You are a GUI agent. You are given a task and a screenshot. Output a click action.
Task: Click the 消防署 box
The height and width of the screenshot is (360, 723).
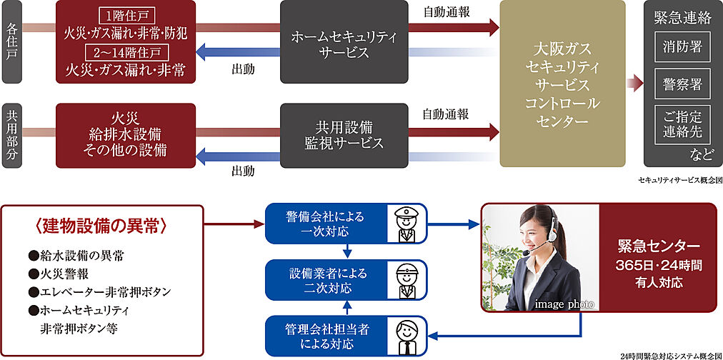[x=682, y=46]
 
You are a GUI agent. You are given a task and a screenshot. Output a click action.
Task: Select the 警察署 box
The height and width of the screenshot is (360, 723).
[x=682, y=85]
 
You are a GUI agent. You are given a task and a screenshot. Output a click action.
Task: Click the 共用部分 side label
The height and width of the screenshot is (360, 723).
[x=12, y=136]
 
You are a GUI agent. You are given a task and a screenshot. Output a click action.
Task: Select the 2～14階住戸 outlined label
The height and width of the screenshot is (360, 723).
[x=126, y=52]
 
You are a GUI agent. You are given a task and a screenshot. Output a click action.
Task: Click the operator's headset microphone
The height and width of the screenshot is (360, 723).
[x=525, y=253]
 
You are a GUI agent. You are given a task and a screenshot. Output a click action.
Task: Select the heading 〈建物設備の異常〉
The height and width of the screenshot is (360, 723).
[x=100, y=226]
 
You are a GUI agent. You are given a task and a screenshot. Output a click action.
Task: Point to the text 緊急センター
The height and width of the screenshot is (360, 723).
[x=658, y=247]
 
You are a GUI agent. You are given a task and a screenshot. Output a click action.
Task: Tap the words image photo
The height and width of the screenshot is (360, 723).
[x=564, y=304]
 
